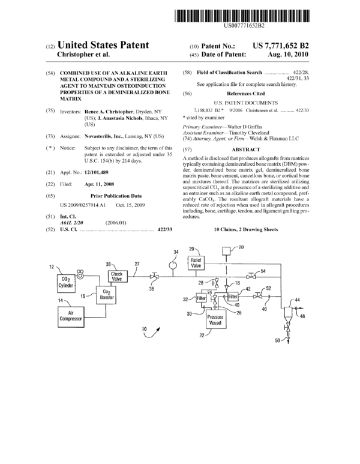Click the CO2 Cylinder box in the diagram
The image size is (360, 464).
click(66, 283)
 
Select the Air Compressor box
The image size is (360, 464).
click(71, 316)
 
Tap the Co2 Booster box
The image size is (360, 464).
click(106, 295)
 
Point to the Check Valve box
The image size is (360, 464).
click(117, 276)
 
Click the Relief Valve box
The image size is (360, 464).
click(196, 263)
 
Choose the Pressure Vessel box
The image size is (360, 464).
click(215, 319)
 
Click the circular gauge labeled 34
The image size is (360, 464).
click(173, 264)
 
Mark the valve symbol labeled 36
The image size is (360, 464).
click(154, 277)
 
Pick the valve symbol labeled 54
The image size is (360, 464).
click(251, 276)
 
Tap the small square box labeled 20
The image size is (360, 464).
click(226, 251)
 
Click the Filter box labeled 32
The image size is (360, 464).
click(201, 298)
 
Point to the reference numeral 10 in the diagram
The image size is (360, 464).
click(145, 329)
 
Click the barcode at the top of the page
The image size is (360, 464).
click(242, 16)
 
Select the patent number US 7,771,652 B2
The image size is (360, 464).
click(280, 46)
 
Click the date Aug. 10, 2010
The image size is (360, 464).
click(288, 55)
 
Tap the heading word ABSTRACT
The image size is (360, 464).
click(246, 149)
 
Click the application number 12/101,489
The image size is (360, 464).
click(97, 172)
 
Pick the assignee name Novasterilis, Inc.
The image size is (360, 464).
click(104, 136)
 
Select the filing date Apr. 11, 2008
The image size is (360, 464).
click(99, 184)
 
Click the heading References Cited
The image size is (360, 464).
click(246, 94)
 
